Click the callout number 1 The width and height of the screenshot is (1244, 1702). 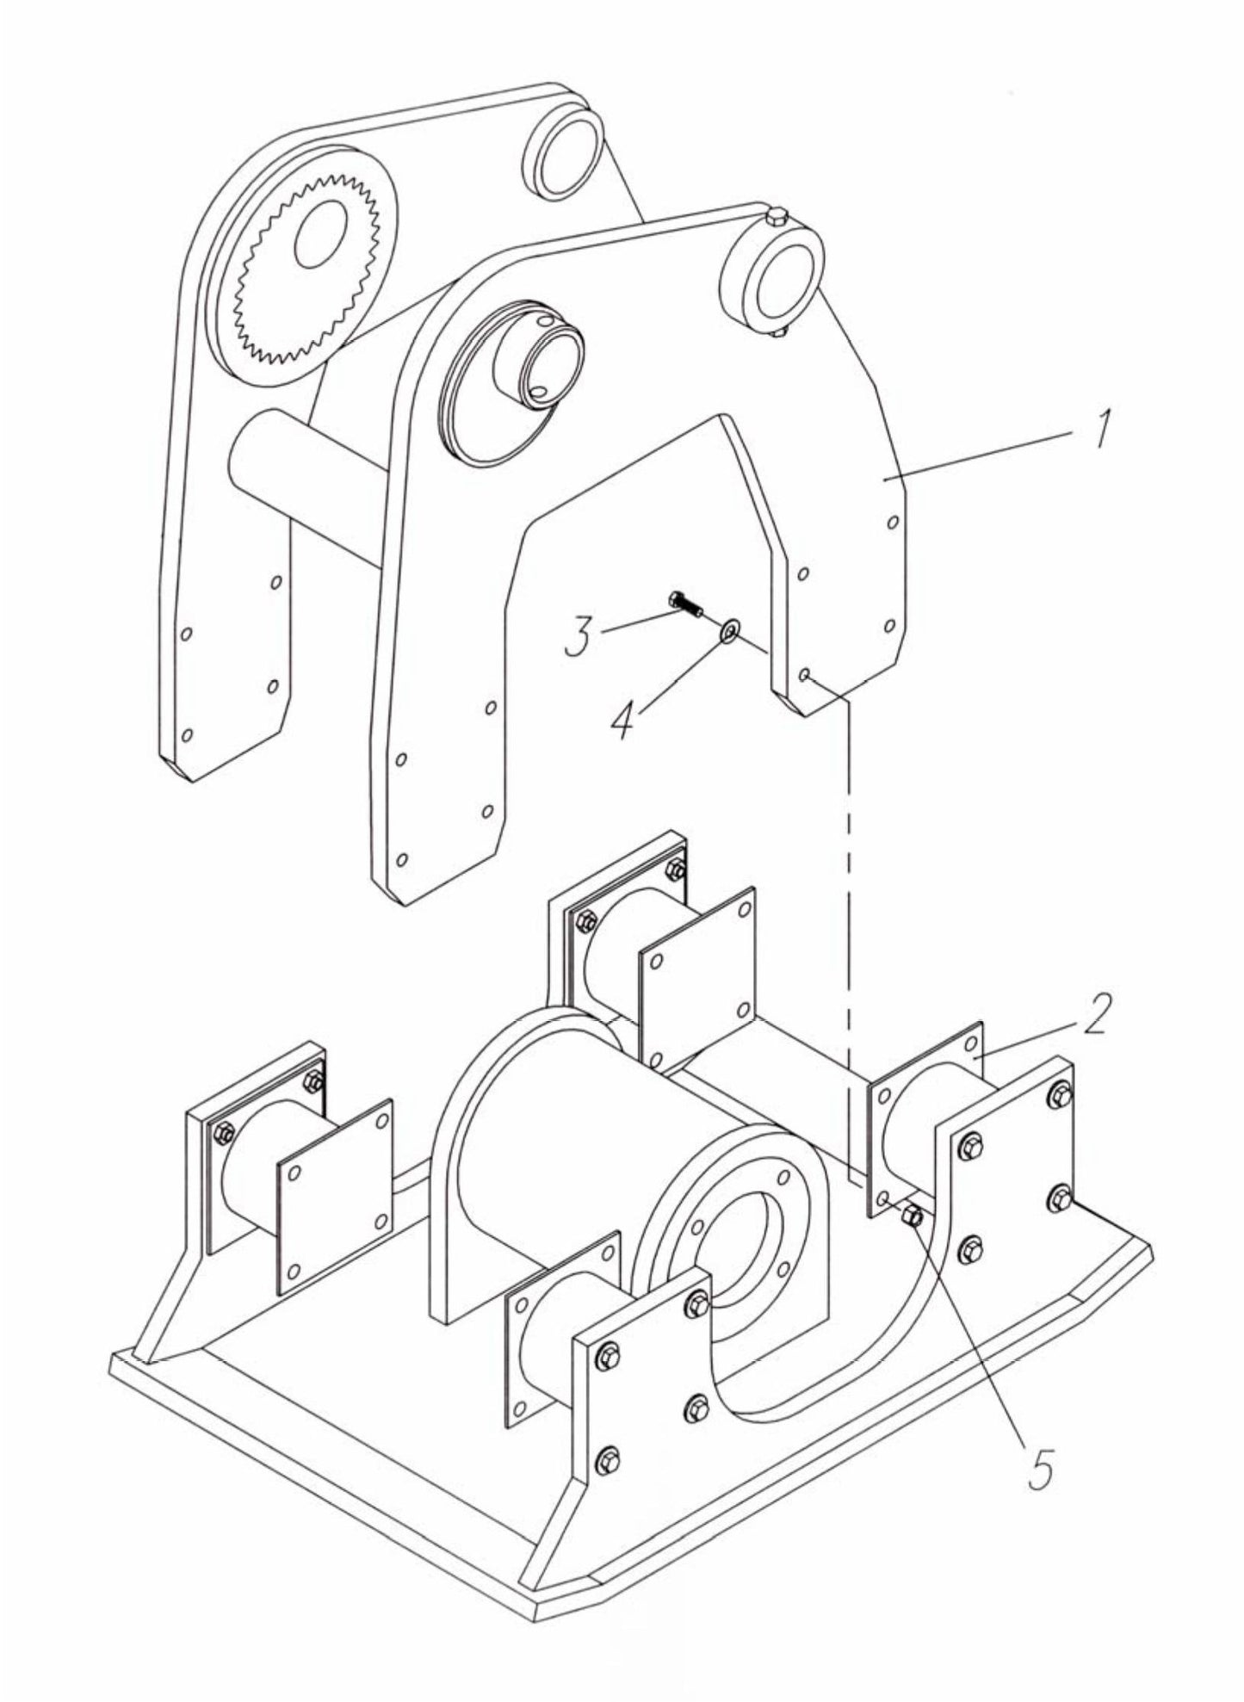click(x=1101, y=427)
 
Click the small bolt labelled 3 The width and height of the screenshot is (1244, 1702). click(x=685, y=604)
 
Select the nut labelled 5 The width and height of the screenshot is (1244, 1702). click(x=913, y=1216)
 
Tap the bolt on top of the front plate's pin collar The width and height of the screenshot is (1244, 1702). click(x=775, y=216)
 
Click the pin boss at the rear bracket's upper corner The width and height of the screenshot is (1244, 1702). click(x=563, y=152)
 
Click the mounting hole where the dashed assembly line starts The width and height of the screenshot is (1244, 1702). click(x=804, y=675)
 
